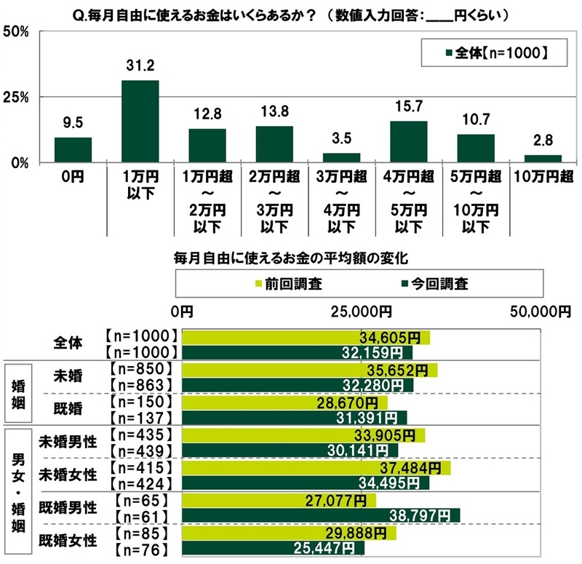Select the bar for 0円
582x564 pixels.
point(73,150)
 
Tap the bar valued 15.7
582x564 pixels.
point(408,142)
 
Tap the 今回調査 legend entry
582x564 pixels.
point(435,284)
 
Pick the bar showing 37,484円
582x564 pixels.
point(316,467)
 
